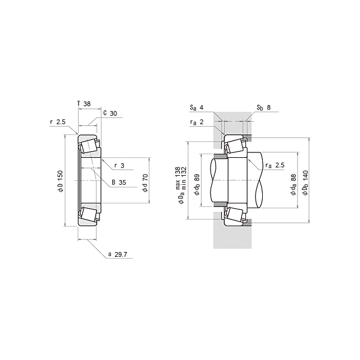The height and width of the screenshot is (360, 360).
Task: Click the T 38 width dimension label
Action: pos(84,104)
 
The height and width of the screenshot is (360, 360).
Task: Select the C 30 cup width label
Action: pos(110,113)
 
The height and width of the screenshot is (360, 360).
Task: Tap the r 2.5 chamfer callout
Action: pos(58,122)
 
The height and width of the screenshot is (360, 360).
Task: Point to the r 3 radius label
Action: pos(119,166)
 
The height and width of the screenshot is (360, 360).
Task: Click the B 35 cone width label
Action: pos(119,182)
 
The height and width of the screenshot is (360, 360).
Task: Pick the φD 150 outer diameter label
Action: pos(60,181)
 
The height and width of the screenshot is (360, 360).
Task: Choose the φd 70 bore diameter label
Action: pos(145,183)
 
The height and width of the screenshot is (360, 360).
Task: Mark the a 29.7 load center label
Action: pos(118,254)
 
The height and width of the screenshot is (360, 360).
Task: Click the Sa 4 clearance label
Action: pos(197,107)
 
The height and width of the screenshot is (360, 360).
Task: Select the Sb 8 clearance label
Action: pos(264,107)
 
